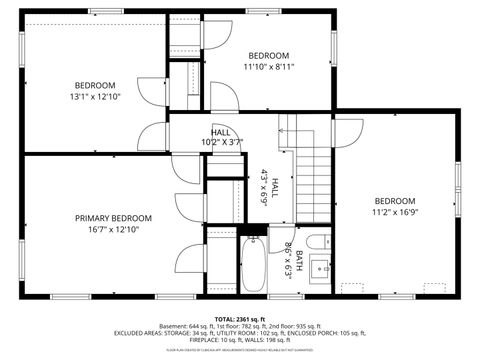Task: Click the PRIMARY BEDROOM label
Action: pyautogui.click(x=113, y=218)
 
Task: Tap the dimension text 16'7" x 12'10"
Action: pyautogui.click(x=113, y=230)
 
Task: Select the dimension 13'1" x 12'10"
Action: pyautogui.click(x=95, y=97)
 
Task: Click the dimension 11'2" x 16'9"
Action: pyautogui.click(x=393, y=212)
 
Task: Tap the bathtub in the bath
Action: pyautogui.click(x=253, y=263)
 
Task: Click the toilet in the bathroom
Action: pyautogui.click(x=317, y=242)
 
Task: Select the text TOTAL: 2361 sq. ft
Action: pyautogui.click(x=240, y=317)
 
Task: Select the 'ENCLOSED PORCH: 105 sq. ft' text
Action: pyautogui.click(x=318, y=333)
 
